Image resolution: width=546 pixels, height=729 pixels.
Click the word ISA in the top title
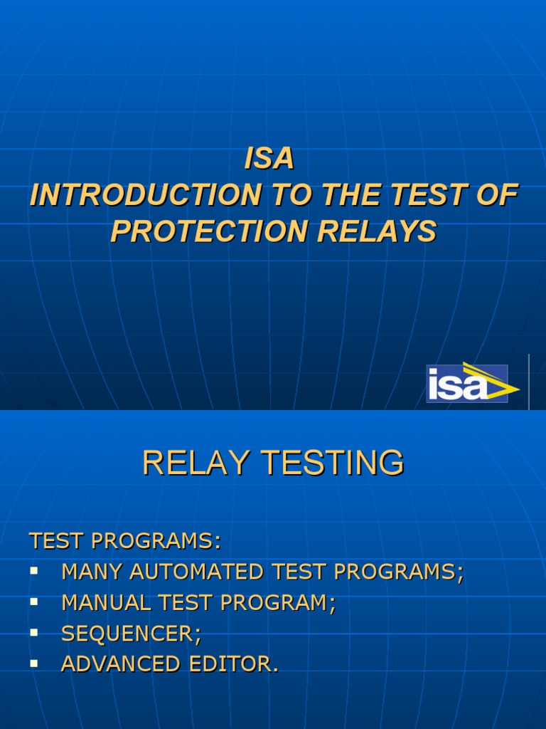pos(269,159)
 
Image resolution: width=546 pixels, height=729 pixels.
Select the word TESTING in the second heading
pos(335,463)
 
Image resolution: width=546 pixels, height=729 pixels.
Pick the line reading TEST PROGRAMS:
pos(125,541)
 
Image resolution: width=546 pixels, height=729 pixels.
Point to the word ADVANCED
pos(121,664)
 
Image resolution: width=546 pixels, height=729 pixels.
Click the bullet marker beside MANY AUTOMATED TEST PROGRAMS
pos(33,571)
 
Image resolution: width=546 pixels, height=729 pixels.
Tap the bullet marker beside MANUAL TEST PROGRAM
pos(33,602)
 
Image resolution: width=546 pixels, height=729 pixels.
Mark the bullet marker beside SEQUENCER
pos(33,632)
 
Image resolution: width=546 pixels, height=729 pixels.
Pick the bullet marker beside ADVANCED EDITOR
pos(33,663)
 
